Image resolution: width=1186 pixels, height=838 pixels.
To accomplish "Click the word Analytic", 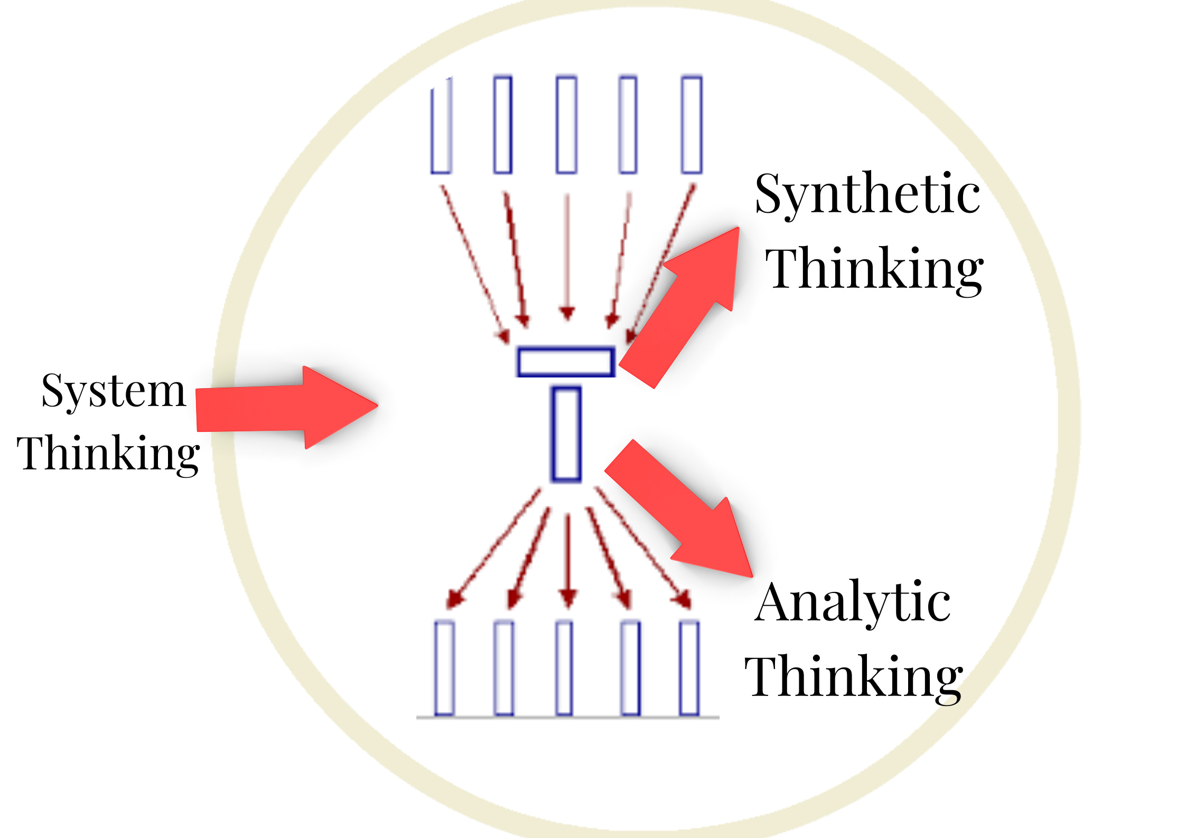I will point(853,604).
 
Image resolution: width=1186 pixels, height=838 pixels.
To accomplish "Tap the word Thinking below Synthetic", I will point(874,269).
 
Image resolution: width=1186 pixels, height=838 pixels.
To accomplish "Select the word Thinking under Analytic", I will point(854,677).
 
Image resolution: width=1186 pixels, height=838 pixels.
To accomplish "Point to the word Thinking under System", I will point(108,454).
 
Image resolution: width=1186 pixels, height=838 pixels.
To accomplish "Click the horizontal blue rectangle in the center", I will point(565,362).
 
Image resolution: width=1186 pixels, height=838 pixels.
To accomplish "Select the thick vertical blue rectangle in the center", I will point(566,435).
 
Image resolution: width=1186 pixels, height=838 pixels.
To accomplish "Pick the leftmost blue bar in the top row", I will point(441,125).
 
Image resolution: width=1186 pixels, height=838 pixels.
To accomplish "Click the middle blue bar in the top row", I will point(566,125).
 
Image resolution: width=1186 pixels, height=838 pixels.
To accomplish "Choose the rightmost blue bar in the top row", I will point(691,125).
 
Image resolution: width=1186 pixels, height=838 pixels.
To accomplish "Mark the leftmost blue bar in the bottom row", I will point(444,668).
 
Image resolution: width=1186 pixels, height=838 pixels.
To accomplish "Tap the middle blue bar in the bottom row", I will point(564,668).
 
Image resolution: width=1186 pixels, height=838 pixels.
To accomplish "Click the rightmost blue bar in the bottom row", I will point(689,668).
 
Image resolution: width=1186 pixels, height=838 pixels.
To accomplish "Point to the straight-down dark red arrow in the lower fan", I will point(568,560).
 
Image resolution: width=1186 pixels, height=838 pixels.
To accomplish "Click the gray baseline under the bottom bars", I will point(567,718).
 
